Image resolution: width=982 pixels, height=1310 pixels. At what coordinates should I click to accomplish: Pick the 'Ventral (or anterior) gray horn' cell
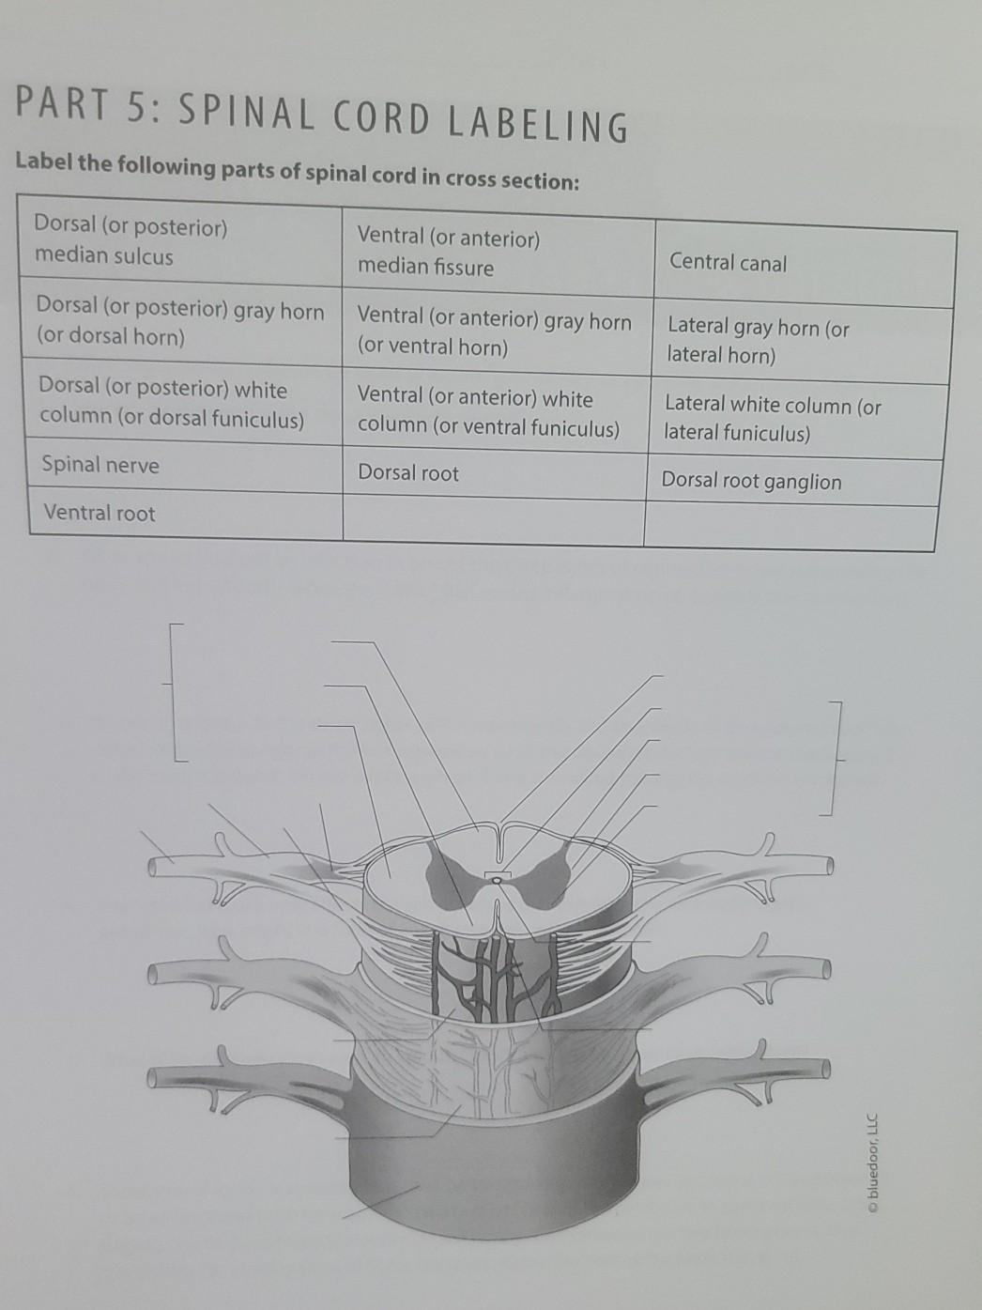[494, 333]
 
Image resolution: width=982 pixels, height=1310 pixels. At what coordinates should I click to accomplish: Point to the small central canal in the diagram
[497, 880]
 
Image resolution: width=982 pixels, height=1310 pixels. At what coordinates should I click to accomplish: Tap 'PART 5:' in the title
[88, 107]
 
